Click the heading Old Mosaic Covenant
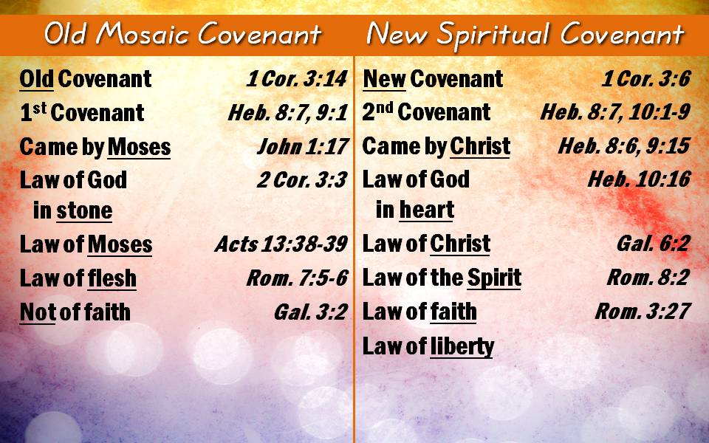coord(182,34)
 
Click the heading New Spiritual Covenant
coord(525,34)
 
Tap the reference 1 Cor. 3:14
coord(297,79)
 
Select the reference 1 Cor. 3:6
coord(645,79)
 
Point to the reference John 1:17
coord(303,146)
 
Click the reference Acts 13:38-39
coord(281,244)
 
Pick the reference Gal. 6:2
coord(654,244)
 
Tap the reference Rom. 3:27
coord(643,311)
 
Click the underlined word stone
coord(84,211)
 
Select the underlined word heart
coord(427,210)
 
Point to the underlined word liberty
coord(462,347)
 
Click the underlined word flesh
coord(112,278)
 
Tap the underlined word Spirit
coord(494,278)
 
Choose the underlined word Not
coord(38,312)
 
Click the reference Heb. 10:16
coord(639,179)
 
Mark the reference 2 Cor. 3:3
coord(302,180)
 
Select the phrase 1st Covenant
coord(82,112)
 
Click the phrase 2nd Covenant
coord(426,111)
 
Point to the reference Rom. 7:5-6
coord(297,278)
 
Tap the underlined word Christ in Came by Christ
coord(480,146)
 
